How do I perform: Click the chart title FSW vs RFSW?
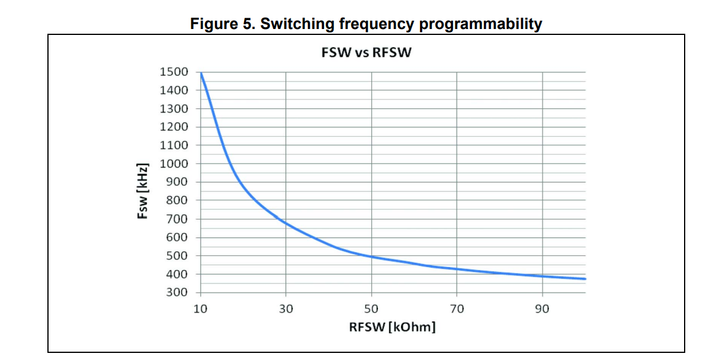click(365, 52)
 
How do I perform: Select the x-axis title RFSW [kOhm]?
click(392, 327)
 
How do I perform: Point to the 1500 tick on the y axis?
click(174, 72)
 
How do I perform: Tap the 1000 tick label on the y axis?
click(174, 163)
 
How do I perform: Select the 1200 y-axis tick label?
click(174, 127)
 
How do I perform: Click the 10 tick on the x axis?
click(201, 308)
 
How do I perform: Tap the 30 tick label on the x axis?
click(286, 308)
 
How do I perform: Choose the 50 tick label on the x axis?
click(371, 308)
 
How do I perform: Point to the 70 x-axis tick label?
click(457, 308)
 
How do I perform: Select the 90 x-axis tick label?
click(542, 308)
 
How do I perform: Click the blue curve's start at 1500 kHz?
click(201, 73)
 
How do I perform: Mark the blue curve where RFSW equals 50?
click(371, 256)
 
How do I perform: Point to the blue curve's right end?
click(585, 279)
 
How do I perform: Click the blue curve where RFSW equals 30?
click(286, 223)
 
